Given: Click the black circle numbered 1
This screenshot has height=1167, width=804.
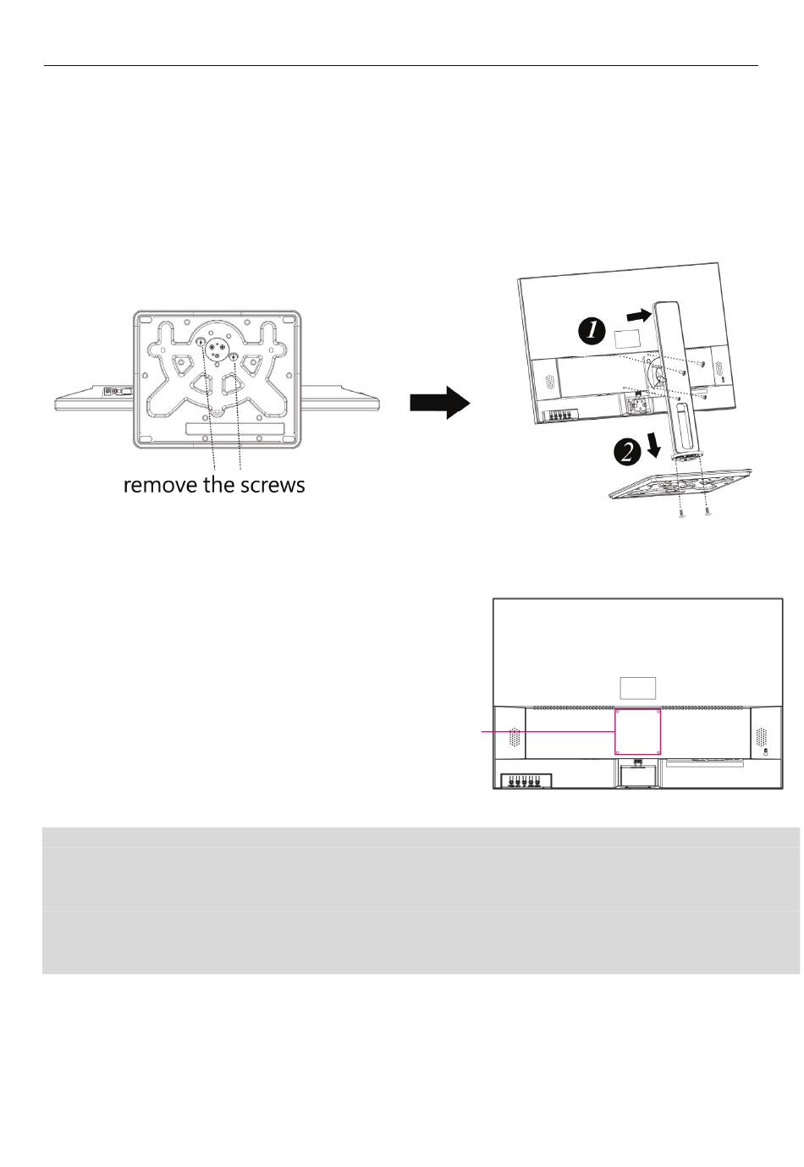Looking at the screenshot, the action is pyautogui.click(x=592, y=331).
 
